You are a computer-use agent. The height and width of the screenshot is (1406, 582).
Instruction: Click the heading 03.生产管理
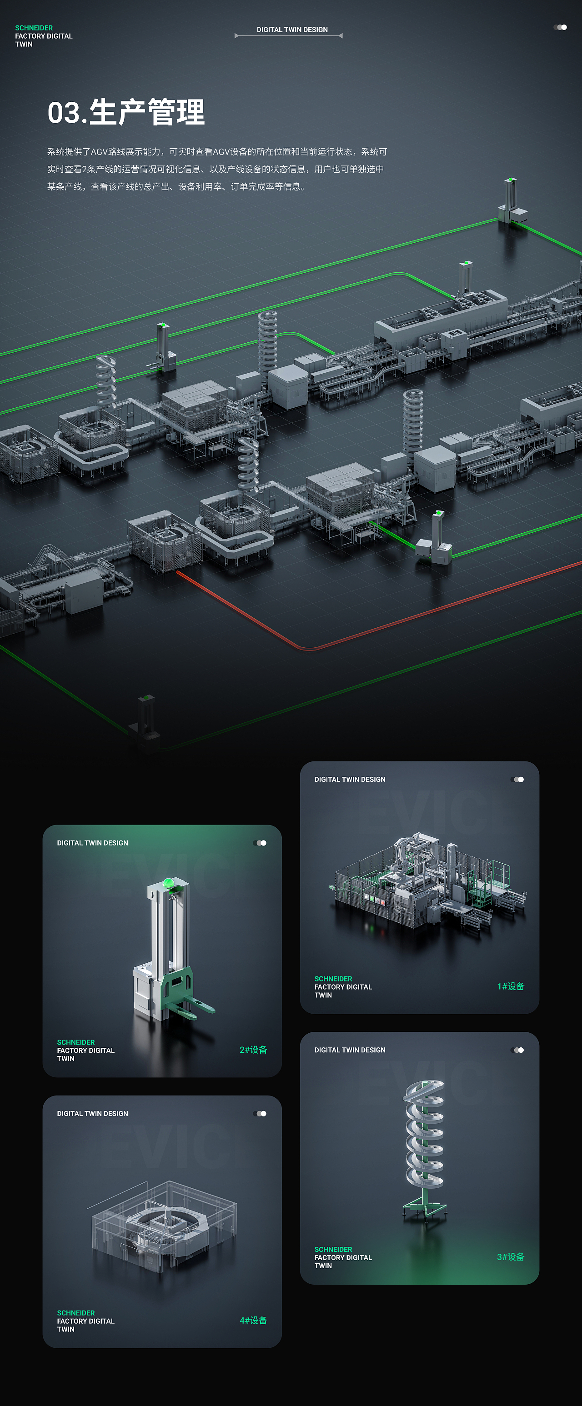coord(126,112)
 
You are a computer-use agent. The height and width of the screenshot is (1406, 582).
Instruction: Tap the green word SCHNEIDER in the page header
coord(34,28)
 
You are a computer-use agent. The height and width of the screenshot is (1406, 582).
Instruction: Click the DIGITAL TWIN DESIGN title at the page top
coord(292,30)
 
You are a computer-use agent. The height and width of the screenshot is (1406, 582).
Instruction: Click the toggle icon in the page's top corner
coord(560,27)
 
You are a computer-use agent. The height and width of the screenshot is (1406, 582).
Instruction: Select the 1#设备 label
coord(511,986)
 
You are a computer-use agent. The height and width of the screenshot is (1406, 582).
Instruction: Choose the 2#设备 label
coord(253,1050)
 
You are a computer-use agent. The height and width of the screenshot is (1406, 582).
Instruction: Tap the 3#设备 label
coord(511,1257)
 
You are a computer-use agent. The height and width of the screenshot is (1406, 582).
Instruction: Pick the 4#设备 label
coord(253,1320)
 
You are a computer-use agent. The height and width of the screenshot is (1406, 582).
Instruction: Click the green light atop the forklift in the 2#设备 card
coord(168,882)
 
